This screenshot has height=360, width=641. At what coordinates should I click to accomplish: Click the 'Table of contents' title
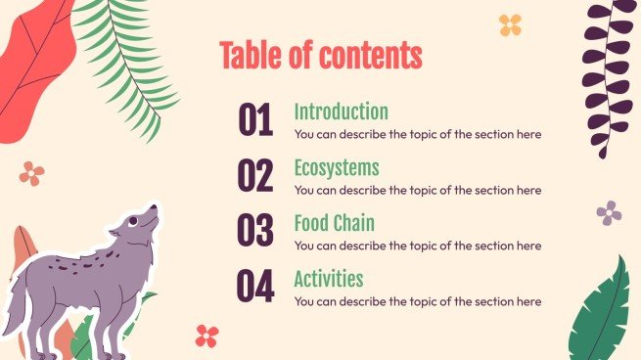[x=321, y=56]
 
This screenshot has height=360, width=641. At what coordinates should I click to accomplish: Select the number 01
[x=255, y=121]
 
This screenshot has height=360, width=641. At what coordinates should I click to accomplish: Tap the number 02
[x=255, y=176]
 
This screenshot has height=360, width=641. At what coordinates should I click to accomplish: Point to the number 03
[x=255, y=232]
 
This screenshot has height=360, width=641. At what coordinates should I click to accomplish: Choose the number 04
[x=255, y=287]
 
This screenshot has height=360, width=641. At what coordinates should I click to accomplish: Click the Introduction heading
[x=341, y=112]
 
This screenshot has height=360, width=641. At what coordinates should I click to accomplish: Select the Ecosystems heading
[x=336, y=167]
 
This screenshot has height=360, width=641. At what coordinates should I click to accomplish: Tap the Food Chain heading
[x=334, y=223]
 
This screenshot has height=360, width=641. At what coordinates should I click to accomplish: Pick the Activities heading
[x=328, y=279]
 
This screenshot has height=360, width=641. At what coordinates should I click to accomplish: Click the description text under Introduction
[x=417, y=134]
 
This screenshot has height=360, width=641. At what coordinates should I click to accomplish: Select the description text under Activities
[x=417, y=301]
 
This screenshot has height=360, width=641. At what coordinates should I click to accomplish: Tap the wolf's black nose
[x=153, y=208]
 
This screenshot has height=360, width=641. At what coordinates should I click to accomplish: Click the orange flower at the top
[x=510, y=24]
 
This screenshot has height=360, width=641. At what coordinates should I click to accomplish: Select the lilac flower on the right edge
[x=609, y=212]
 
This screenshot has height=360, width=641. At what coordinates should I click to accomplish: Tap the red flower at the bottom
[x=206, y=337]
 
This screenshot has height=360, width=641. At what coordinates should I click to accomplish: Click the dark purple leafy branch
[x=606, y=78]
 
